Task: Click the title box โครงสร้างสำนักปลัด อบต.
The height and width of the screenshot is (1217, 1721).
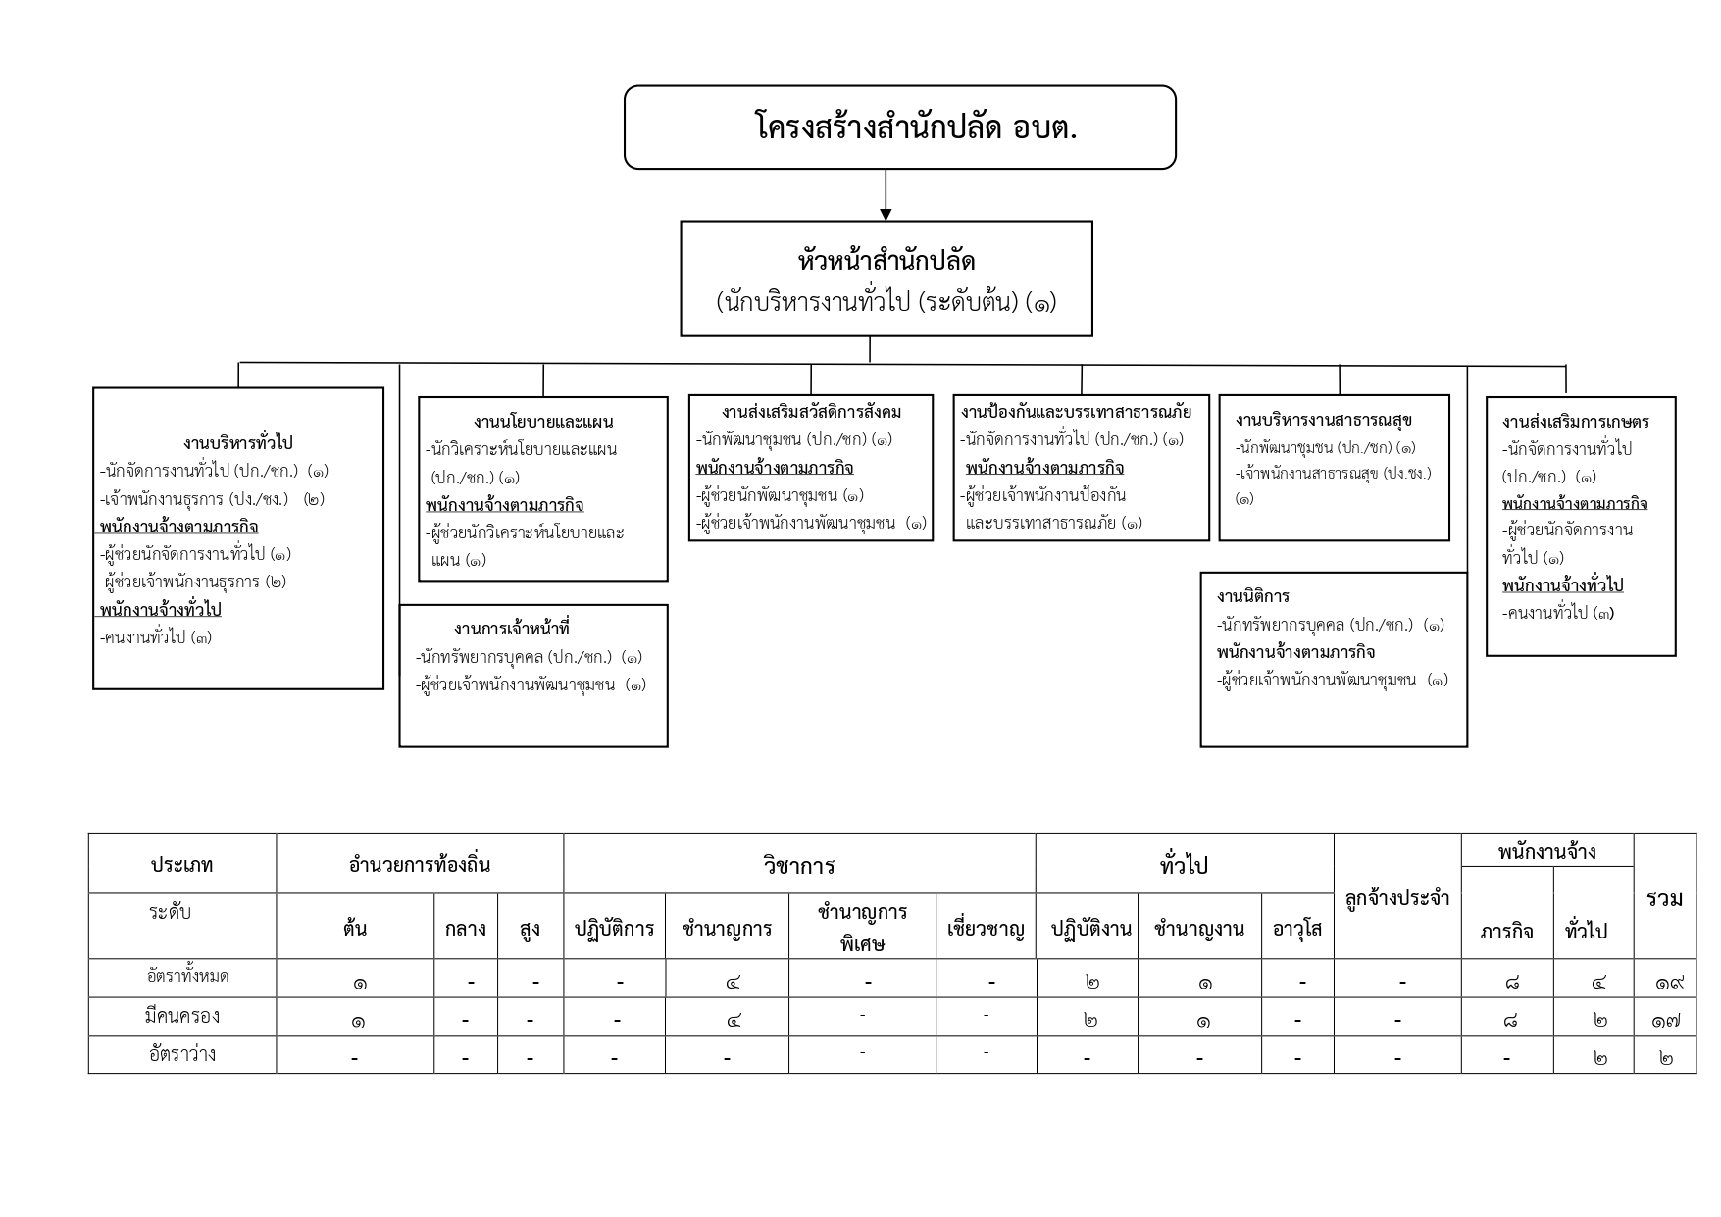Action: tap(899, 127)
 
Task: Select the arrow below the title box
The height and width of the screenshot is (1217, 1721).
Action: tap(886, 196)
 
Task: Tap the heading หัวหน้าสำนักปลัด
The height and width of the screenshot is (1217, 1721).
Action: tap(886, 262)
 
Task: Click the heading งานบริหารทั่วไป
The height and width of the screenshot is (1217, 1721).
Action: tap(237, 443)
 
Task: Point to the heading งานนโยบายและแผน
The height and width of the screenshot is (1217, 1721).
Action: tap(542, 422)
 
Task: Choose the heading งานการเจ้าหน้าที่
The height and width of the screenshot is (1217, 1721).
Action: tap(511, 629)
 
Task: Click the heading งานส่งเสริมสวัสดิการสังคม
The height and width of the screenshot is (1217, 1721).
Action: tap(811, 411)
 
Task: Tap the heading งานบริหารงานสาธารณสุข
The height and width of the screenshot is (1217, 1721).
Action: tap(1323, 420)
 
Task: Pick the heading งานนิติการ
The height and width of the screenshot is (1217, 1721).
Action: tap(1252, 596)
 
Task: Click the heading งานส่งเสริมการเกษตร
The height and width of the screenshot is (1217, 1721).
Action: tap(1575, 422)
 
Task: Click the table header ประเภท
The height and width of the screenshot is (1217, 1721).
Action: tap(181, 865)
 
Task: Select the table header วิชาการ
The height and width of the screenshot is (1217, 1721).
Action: tap(798, 865)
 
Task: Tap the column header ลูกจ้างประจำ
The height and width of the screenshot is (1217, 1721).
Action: tap(1396, 897)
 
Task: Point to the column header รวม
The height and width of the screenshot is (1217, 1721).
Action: tap(1664, 897)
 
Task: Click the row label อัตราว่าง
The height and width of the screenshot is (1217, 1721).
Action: tap(181, 1055)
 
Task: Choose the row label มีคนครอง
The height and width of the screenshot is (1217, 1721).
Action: tap(181, 1017)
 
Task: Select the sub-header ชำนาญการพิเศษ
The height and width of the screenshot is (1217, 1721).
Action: tap(861, 927)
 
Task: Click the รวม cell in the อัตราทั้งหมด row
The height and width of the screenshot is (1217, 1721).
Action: tap(1664, 980)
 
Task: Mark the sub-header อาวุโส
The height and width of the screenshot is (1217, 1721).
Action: tap(1296, 928)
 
